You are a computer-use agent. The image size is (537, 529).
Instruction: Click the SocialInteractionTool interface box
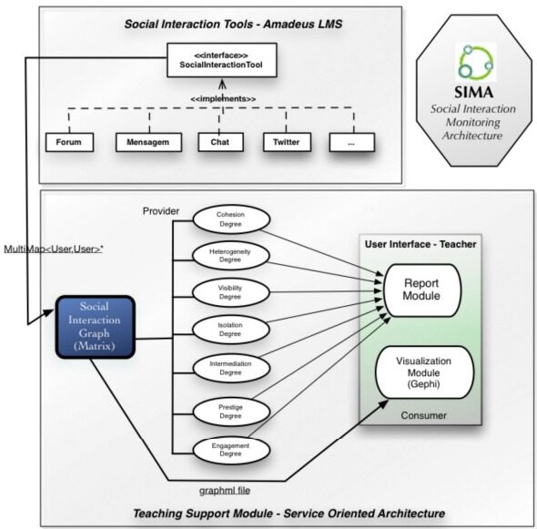[x=221, y=60]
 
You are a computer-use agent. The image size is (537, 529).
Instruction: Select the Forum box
[x=69, y=142]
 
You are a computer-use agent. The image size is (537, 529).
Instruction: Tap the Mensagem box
[x=148, y=142]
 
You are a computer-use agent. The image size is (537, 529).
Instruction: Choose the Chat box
[x=220, y=142]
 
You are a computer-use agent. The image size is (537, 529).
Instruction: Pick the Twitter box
[x=287, y=142]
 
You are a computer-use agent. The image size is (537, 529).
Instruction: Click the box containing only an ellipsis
[x=351, y=142]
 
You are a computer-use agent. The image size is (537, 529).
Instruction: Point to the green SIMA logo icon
[x=476, y=62]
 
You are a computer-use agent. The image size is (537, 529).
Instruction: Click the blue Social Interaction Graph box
[x=96, y=327]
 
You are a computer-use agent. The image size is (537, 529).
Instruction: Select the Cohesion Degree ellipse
[x=231, y=219]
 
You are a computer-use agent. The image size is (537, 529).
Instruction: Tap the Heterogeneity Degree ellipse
[x=231, y=256]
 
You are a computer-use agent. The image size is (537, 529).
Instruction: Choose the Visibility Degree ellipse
[x=231, y=292]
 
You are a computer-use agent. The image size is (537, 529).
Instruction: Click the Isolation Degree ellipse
[x=231, y=330]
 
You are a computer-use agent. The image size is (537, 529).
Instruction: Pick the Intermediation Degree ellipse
[x=231, y=368]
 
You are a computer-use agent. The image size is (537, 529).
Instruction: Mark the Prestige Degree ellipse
[x=231, y=412]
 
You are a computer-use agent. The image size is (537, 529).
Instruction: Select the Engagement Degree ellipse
[x=231, y=450]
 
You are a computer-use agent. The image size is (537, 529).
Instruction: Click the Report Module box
[x=422, y=290]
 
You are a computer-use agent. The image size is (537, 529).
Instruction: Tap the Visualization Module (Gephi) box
[x=425, y=372]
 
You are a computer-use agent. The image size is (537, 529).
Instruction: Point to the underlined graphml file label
[x=225, y=491]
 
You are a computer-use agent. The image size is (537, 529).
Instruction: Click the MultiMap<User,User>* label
[x=54, y=249]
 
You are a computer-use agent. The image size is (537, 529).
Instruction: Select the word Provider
[x=161, y=211]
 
